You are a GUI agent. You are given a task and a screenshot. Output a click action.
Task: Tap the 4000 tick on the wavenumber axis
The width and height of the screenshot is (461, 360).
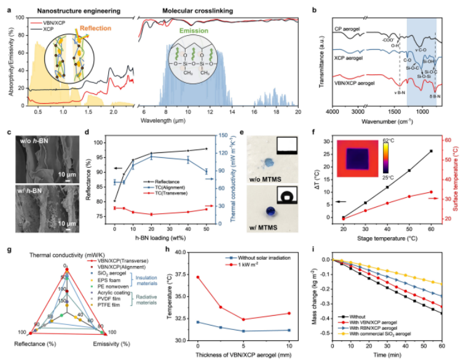coord(333,114)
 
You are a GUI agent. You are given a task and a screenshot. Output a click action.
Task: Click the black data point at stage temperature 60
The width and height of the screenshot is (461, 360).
coord(430,151)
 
